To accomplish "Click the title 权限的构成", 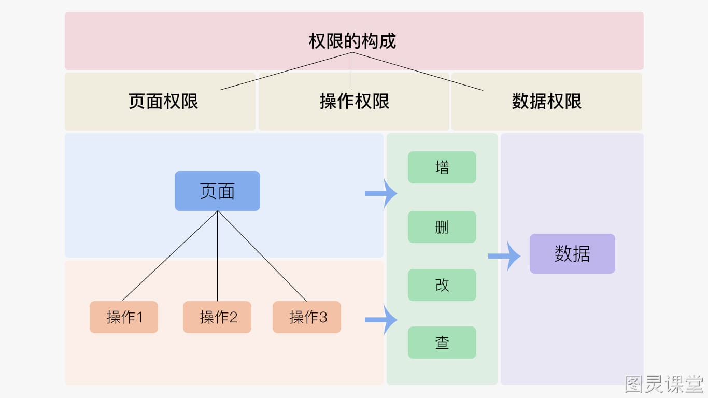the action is coord(352,41).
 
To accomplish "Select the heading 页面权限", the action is coord(163,102).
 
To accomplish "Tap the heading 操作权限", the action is coord(355,102).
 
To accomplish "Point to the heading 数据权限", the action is coord(546,102).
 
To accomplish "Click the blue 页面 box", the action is coord(218,191).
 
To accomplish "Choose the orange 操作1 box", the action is coord(124,317).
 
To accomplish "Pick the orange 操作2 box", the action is coord(217,317).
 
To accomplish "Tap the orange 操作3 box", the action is coord(307,317).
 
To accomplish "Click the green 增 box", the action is coord(442,167).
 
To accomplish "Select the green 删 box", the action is coord(442,227).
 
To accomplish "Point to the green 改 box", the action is coord(442,285).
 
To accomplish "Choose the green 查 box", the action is coord(442,343).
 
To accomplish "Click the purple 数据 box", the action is coord(572,253).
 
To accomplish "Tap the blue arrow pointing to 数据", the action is coord(504,256).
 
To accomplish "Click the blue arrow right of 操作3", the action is coord(381,320).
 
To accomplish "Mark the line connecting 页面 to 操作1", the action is coord(169,255).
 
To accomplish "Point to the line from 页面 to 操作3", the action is coord(262,256).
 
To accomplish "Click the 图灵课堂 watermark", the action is coord(664,385).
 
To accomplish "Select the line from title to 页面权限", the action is coord(286,71).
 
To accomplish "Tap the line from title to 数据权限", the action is coord(418,72).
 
